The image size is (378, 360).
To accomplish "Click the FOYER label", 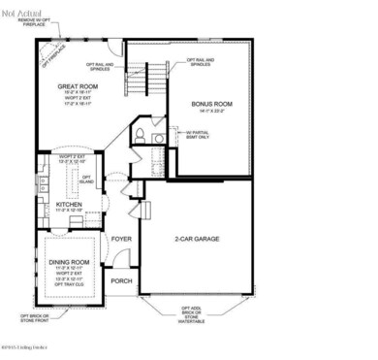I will [x=122, y=238].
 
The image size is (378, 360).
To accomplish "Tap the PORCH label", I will [x=122, y=280].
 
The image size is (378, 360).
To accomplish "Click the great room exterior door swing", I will [x=115, y=48].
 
